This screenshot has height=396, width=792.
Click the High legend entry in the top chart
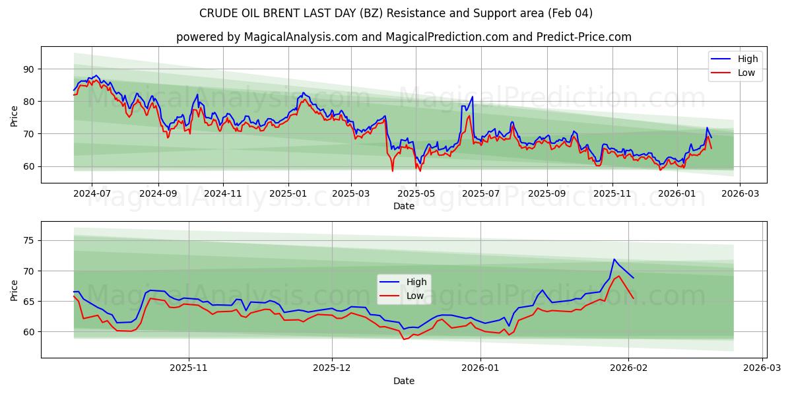[x=747, y=59]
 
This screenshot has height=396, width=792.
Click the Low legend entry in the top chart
[x=746, y=73]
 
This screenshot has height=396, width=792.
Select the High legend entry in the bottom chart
[x=416, y=282]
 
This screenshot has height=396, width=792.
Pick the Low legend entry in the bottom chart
[x=415, y=296]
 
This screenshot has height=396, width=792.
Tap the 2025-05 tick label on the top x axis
[x=416, y=194]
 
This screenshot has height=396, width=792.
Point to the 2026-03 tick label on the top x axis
[x=739, y=194]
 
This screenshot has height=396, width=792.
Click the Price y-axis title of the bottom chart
[x=15, y=290]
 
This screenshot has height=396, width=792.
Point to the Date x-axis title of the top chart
[x=403, y=206]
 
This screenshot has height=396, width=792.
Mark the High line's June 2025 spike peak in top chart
[x=472, y=96]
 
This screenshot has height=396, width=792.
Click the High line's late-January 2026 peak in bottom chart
[x=614, y=259]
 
